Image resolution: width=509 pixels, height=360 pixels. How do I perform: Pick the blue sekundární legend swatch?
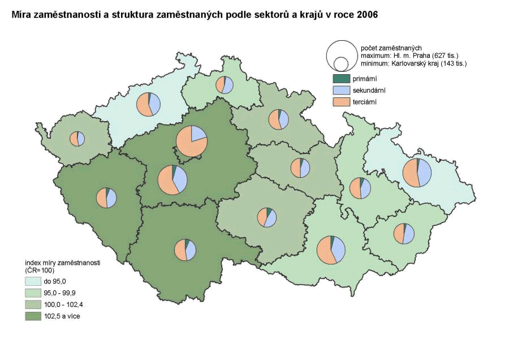[341, 90]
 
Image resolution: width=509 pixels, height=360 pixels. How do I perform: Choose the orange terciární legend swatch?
[341, 101]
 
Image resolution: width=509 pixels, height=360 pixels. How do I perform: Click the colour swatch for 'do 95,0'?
[33, 281]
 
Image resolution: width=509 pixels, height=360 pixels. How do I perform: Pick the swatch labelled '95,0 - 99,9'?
[33, 293]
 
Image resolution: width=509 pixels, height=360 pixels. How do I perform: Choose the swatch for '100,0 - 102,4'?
[33, 305]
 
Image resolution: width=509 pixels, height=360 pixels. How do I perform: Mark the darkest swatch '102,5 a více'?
[33, 316]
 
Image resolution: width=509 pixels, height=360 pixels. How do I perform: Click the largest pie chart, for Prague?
[191, 142]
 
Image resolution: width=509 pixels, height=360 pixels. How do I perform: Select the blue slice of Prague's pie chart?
[199, 134]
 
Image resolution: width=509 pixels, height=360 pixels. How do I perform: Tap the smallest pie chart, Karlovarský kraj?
[77, 139]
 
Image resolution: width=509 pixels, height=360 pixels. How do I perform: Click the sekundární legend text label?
[369, 91]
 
